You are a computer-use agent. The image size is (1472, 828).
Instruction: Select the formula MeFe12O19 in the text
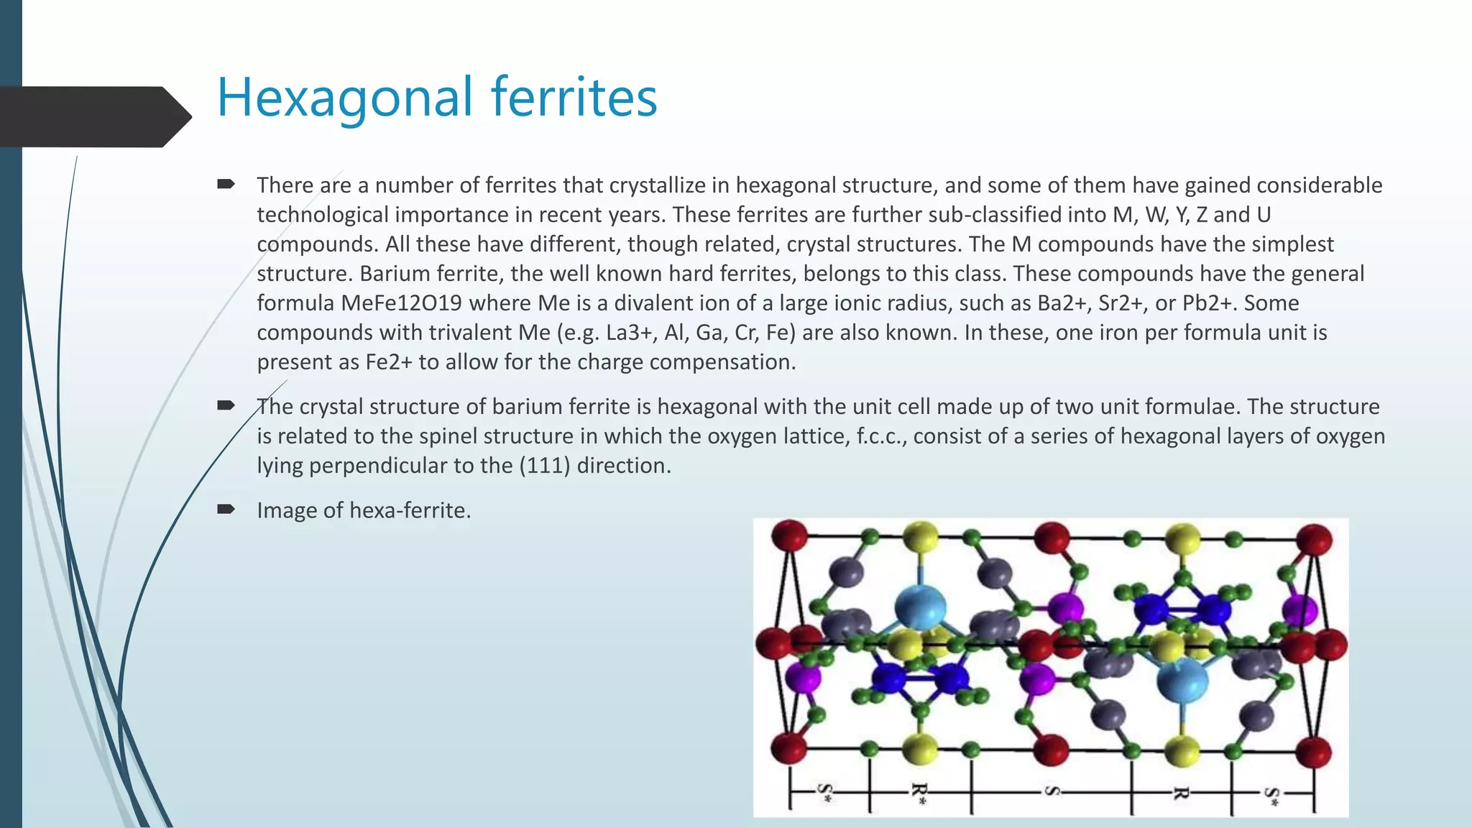pos(401,303)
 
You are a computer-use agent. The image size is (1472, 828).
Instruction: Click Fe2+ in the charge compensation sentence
pos(389,362)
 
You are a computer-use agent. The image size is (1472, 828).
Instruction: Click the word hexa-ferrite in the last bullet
pos(410,510)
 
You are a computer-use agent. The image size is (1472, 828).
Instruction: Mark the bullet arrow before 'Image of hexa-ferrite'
pos(226,510)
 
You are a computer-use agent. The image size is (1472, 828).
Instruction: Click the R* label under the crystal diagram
pos(919,793)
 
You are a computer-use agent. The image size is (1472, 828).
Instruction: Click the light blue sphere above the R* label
pos(920,607)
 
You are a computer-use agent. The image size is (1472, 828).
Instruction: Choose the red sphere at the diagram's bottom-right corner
pos(1313,752)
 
